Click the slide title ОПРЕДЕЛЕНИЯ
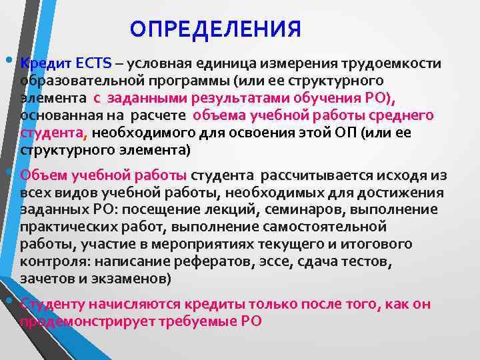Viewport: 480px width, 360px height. coord(215,29)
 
